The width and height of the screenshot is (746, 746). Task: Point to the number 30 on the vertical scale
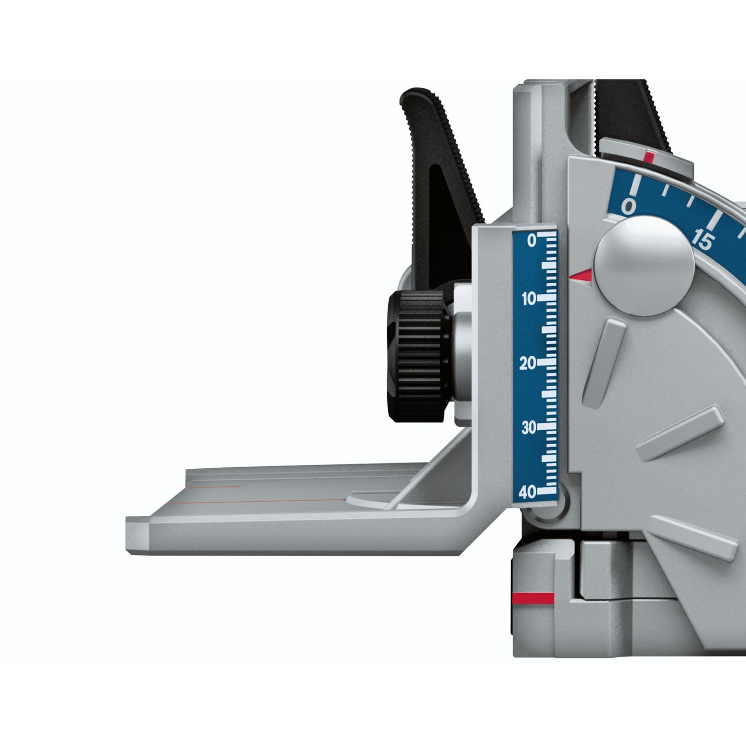(x=528, y=428)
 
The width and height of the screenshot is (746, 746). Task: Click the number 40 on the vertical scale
(x=527, y=493)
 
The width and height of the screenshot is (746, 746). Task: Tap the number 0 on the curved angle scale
(x=628, y=207)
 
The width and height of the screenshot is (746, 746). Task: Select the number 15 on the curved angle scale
(x=703, y=240)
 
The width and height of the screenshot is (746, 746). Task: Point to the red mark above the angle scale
(x=649, y=157)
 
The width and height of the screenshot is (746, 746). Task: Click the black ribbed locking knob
(x=417, y=356)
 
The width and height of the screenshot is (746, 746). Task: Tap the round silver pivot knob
(x=644, y=265)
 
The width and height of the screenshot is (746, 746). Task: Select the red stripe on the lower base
(x=533, y=598)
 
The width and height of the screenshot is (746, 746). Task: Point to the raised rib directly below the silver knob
(x=604, y=361)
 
